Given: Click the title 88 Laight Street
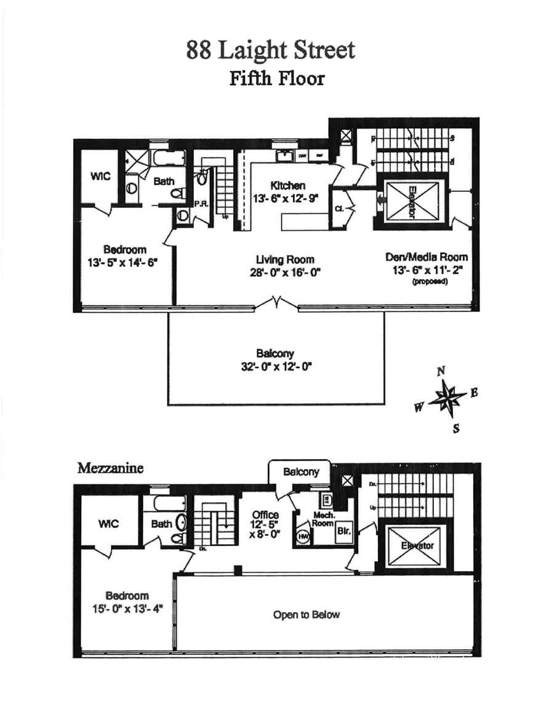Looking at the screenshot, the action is point(270,50).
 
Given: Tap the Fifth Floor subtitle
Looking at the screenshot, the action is point(276,79).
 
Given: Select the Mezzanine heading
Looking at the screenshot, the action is point(110,468).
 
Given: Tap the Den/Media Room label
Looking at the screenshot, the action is point(427,257).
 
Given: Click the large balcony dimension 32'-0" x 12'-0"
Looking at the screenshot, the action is point(276,365).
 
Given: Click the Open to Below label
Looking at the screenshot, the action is point(306,614).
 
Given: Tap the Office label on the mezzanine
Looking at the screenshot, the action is point(265,515).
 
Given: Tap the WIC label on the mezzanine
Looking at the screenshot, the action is point(108,524).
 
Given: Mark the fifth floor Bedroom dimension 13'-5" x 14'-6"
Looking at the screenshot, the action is point(123,262).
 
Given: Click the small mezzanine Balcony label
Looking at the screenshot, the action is point(300,472).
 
